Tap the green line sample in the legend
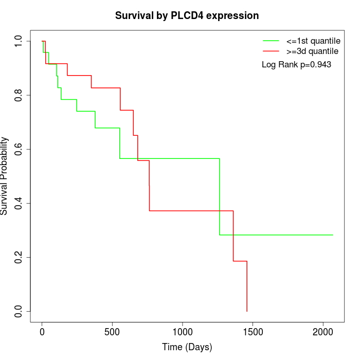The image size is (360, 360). click(271, 40)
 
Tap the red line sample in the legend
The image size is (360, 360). click(271, 51)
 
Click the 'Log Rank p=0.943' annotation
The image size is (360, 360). click(296, 65)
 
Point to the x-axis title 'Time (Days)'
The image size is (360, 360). click(187, 347)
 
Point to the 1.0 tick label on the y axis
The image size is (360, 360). click(19, 41)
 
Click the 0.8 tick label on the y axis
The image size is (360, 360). click(19, 95)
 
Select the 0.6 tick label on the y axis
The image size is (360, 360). click(19, 149)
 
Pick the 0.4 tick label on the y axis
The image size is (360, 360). click(19, 203)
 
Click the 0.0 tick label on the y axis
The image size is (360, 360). click(19, 311)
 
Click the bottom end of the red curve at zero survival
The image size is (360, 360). click(247, 311)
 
